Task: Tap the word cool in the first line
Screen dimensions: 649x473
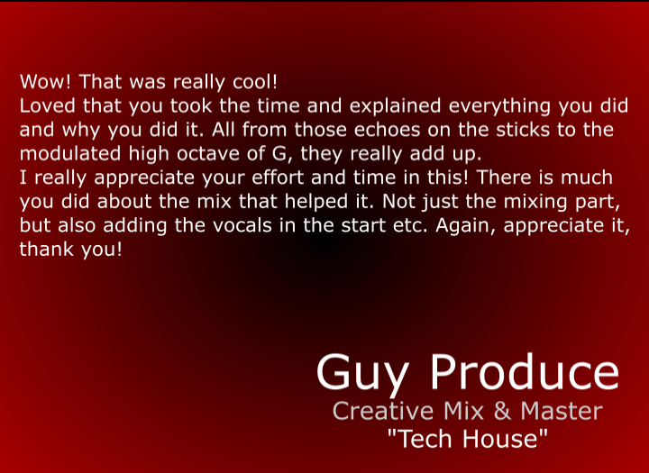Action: [x=254, y=82]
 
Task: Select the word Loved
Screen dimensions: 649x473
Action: [x=47, y=106]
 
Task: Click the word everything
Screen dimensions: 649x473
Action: [x=499, y=107]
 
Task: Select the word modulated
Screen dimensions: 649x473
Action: [x=70, y=153]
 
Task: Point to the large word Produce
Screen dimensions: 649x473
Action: [x=525, y=371]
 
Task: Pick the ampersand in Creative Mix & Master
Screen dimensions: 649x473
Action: [x=502, y=412]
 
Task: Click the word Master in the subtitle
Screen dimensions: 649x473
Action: [x=561, y=412]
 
